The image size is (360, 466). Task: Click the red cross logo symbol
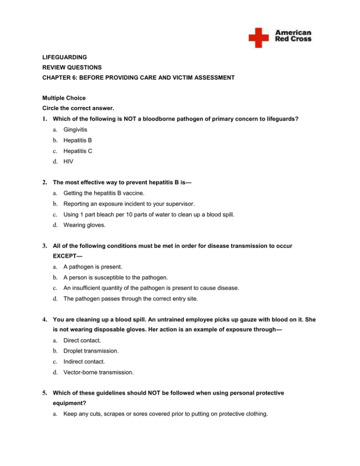pyautogui.click(x=258, y=37)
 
